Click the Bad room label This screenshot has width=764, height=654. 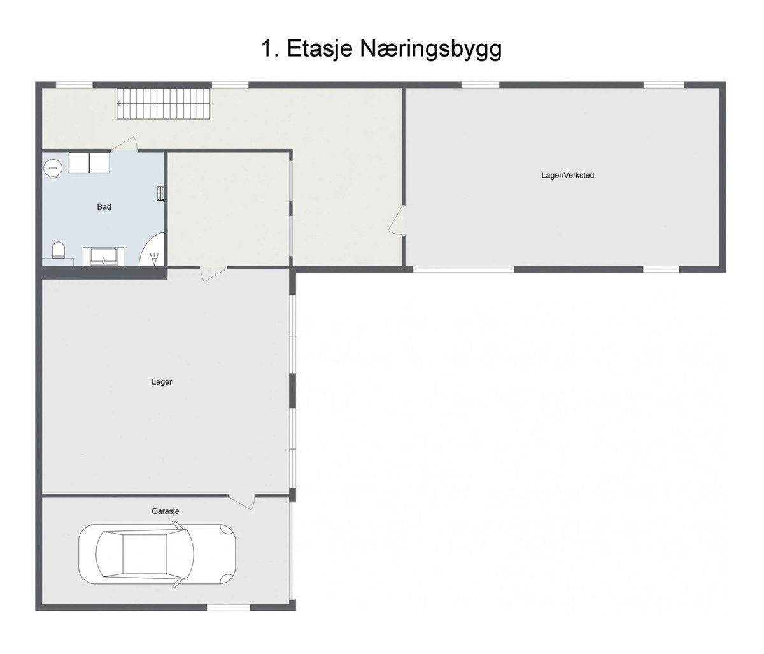104,207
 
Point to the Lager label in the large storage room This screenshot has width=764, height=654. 162,382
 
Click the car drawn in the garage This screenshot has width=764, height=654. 157,554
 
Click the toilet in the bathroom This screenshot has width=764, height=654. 59,250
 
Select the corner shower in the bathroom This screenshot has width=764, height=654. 153,250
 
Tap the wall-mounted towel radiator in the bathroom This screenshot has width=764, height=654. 160,193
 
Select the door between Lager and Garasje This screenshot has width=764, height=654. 243,501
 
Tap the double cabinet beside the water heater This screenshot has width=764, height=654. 89,163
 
